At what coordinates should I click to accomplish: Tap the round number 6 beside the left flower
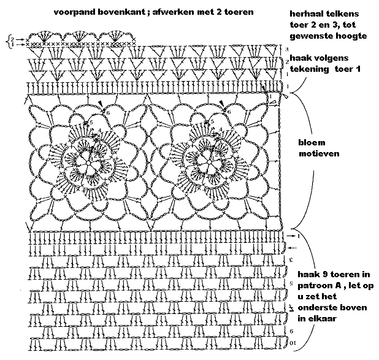click(x=107, y=112)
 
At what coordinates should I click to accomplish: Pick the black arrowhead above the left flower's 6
click(x=100, y=102)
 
